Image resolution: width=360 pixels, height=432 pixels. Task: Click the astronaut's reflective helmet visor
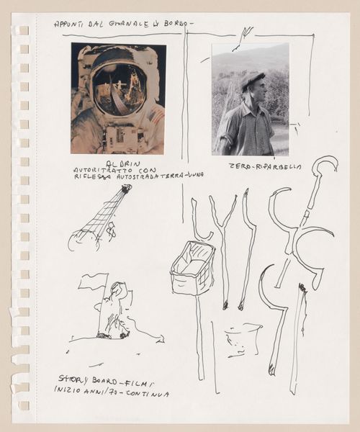click(119, 89)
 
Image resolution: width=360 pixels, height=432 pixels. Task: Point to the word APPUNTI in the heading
click(70, 24)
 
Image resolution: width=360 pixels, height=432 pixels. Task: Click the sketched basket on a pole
click(192, 268)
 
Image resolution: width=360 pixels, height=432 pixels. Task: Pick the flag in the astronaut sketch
click(94, 281)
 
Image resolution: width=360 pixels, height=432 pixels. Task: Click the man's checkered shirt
click(248, 130)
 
